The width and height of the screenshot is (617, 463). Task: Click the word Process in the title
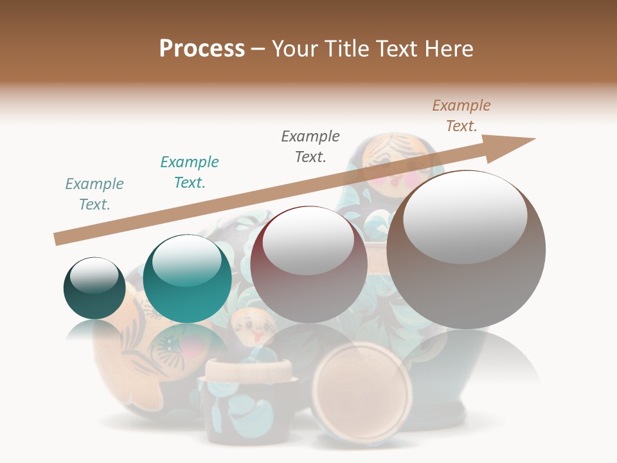click(x=202, y=49)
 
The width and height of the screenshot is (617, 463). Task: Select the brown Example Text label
click(x=461, y=116)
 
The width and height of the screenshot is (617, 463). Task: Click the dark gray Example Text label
click(x=310, y=146)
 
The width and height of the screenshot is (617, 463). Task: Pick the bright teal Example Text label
click(x=190, y=172)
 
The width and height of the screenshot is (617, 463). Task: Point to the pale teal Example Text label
click(x=94, y=194)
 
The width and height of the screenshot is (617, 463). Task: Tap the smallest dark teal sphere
click(x=94, y=288)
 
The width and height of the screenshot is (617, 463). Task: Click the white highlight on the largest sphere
click(x=465, y=217)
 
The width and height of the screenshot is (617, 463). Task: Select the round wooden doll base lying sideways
click(x=362, y=393)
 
